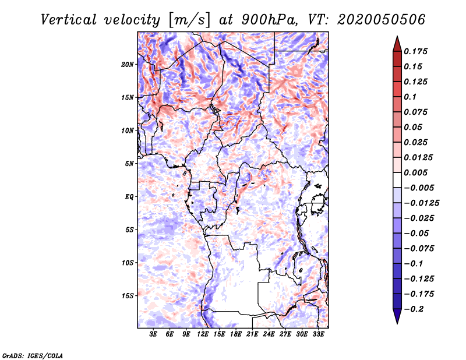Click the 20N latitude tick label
point(128,65)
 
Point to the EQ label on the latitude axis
point(129,197)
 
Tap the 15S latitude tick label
point(128,296)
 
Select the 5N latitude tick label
point(129,164)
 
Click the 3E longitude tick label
point(153,334)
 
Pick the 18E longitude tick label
point(236,334)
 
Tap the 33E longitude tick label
point(318,334)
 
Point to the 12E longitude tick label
point(203,334)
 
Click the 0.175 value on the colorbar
point(415,51)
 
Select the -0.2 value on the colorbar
point(414,309)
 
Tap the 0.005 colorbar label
point(415,172)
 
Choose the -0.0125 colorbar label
point(421,203)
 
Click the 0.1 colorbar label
point(410,97)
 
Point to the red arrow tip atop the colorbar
point(397,36)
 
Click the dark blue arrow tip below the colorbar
point(397,323)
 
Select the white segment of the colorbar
point(397,180)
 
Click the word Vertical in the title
point(68,20)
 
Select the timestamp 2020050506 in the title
point(382,20)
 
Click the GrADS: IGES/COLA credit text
point(33,355)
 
